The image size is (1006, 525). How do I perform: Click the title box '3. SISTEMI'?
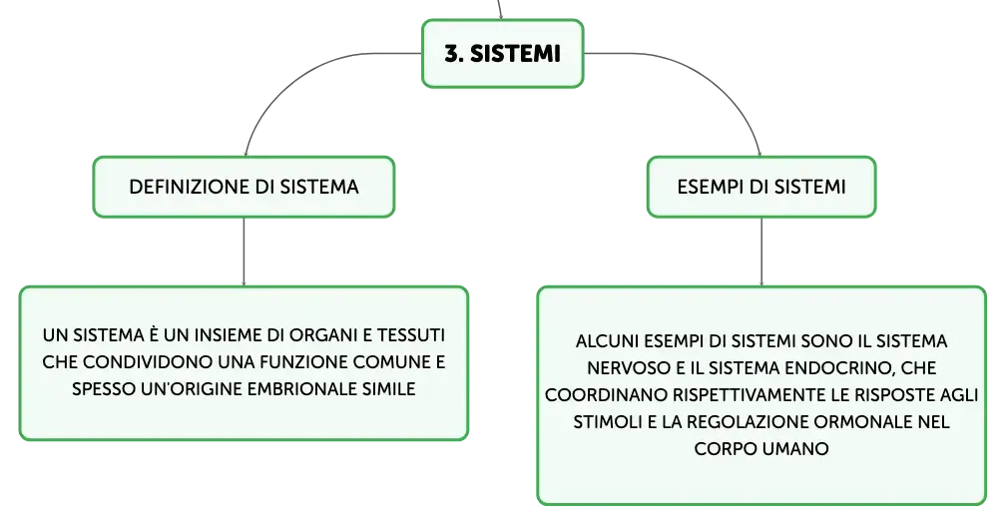pyautogui.click(x=502, y=53)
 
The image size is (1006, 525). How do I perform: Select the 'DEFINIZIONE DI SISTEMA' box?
pyautogui.click(x=244, y=187)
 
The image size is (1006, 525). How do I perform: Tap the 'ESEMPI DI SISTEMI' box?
pyautogui.click(x=761, y=187)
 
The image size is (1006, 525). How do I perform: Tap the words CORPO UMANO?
pyautogui.click(x=761, y=448)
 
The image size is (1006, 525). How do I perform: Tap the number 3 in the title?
pyautogui.click(x=451, y=54)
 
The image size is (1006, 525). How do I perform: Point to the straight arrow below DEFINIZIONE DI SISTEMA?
pyautogui.click(x=244, y=252)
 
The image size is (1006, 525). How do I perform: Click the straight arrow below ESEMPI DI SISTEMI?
pyautogui.click(x=761, y=252)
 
